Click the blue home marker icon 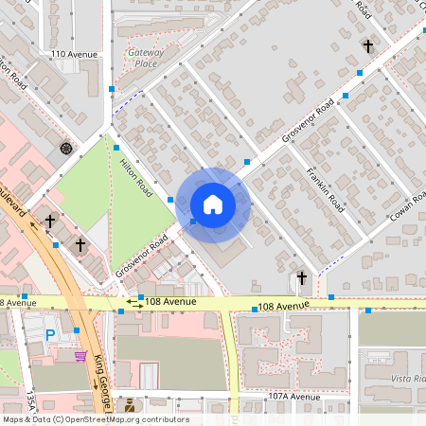(x=212, y=204)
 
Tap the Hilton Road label (x=135, y=177)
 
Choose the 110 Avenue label (x=76, y=54)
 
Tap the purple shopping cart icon (x=81, y=356)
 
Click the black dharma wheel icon (x=65, y=148)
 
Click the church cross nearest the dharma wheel (x=49, y=220)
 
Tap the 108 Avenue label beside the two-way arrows (x=173, y=301)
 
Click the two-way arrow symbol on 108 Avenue (x=125, y=308)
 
